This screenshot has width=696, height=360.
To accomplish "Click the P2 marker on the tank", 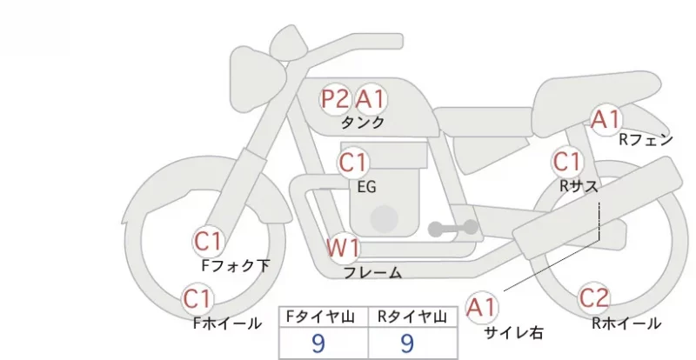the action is point(335,99).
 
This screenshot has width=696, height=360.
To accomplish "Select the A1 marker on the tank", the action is point(369,99).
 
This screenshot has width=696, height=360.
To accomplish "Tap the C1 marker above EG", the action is point(353,163).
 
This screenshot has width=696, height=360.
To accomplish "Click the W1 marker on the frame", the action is point(343,248).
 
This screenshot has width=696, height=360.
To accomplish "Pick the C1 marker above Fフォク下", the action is point(208,242).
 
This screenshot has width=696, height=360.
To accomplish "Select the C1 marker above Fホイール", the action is point(197,299).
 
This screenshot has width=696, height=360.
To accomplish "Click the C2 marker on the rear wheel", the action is point(594,298).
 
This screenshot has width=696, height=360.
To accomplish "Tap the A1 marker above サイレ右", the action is point(481,307).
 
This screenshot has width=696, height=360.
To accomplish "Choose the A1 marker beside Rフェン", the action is point(606,120).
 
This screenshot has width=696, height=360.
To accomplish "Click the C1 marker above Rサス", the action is point(567,162).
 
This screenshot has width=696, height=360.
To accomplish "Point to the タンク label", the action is point(363,123).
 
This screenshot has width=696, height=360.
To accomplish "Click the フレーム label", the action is point(373,272).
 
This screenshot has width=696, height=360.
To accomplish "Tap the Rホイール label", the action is point(626,323).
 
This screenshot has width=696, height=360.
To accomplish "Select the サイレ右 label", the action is point(513,332).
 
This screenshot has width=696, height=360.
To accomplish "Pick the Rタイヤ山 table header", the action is point(412,317).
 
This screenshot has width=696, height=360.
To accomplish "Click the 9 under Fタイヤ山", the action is point(318,343).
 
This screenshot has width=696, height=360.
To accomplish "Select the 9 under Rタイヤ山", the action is point(407,343).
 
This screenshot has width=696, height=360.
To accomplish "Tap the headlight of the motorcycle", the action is point(258,77).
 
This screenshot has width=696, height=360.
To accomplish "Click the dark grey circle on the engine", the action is point(385,219).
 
